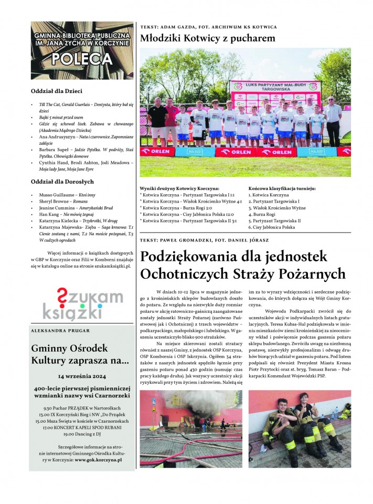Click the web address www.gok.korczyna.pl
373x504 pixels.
click(x=98, y=459)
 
